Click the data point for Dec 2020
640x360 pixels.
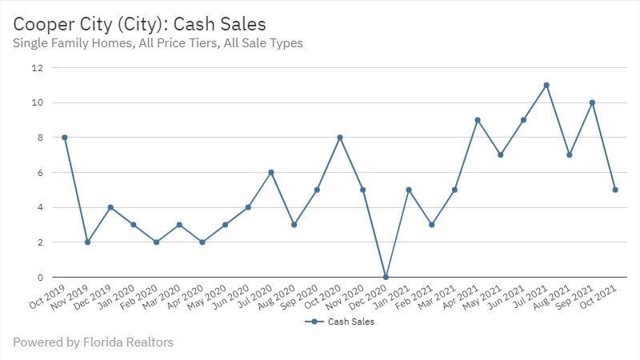(x=386, y=277)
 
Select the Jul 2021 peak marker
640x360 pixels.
(x=546, y=85)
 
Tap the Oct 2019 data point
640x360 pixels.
(x=64, y=138)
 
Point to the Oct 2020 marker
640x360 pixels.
(x=340, y=138)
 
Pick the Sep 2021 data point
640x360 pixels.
(x=592, y=102)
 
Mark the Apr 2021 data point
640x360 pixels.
(x=478, y=120)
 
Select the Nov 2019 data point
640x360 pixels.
(x=87, y=242)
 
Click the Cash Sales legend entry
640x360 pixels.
(x=339, y=322)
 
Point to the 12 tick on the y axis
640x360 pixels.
(x=36, y=68)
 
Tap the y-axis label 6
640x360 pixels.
(x=38, y=172)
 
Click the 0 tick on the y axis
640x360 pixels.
(x=38, y=277)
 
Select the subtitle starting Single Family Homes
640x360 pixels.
(x=158, y=43)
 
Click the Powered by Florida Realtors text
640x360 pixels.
(x=93, y=342)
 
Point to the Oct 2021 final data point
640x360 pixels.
(x=615, y=190)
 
